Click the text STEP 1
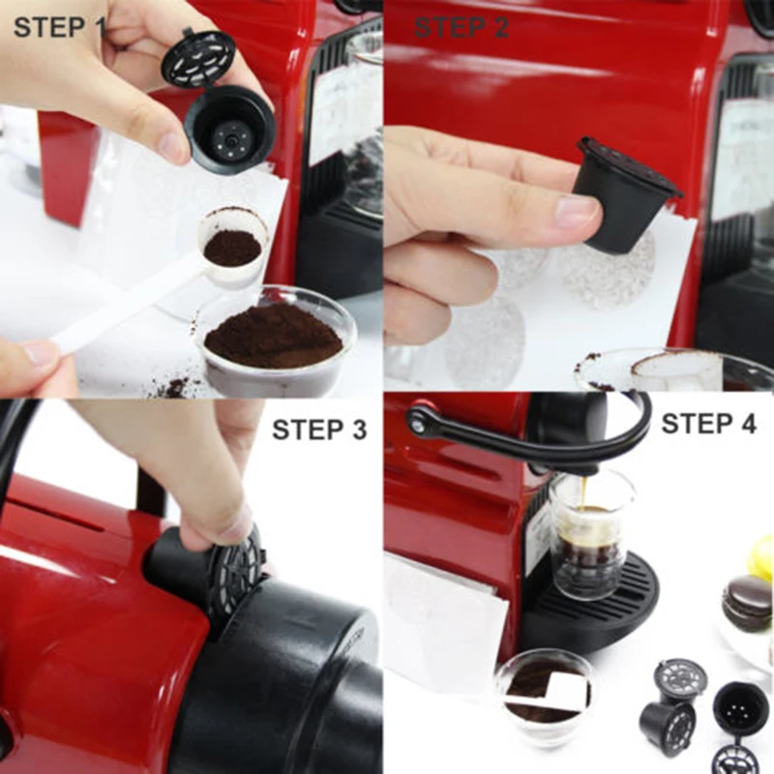59,26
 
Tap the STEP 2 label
461,27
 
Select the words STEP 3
319,430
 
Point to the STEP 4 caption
708,424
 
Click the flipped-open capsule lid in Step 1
199,58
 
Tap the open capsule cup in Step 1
228,128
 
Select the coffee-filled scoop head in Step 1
232,248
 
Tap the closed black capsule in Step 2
625,194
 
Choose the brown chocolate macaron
747,601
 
